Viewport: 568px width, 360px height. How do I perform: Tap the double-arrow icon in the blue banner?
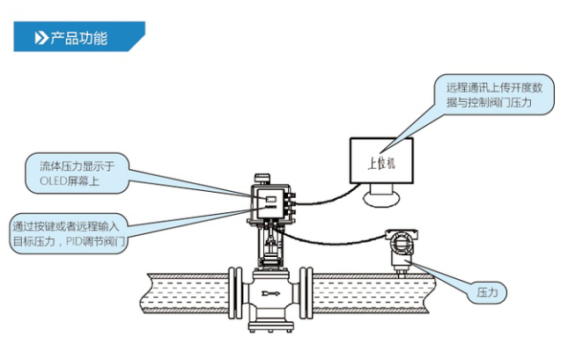pos(40,38)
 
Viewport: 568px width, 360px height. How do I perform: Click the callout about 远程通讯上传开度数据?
pos(498,94)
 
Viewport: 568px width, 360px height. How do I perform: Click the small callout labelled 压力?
pos(487,290)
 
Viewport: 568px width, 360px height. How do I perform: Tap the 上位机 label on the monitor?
pos(381,162)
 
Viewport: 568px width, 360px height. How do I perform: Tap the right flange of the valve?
pos(305,290)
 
